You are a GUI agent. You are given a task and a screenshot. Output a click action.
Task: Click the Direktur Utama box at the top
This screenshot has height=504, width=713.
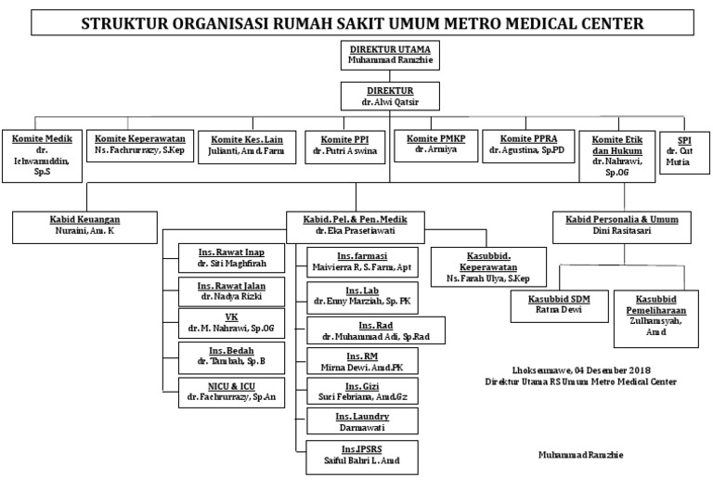(x=390, y=54)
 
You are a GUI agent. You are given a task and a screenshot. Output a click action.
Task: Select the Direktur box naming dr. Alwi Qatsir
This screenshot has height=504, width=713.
(x=389, y=97)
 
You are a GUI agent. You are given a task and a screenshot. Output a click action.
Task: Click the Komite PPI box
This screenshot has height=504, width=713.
(x=344, y=145)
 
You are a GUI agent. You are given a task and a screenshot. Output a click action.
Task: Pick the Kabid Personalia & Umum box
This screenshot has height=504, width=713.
(x=623, y=226)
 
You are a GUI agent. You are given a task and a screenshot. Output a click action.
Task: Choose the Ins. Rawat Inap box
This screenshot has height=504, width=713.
(x=224, y=258)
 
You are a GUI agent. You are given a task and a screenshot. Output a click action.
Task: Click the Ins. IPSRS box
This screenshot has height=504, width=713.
(x=363, y=458)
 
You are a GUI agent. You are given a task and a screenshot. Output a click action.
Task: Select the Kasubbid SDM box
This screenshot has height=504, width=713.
(x=554, y=305)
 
